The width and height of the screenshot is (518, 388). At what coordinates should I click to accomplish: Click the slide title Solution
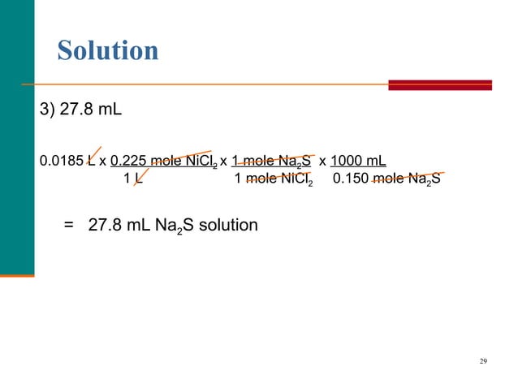107,50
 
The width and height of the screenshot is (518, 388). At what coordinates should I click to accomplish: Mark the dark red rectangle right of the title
440,84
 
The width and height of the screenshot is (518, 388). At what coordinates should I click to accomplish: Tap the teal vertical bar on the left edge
16,138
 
